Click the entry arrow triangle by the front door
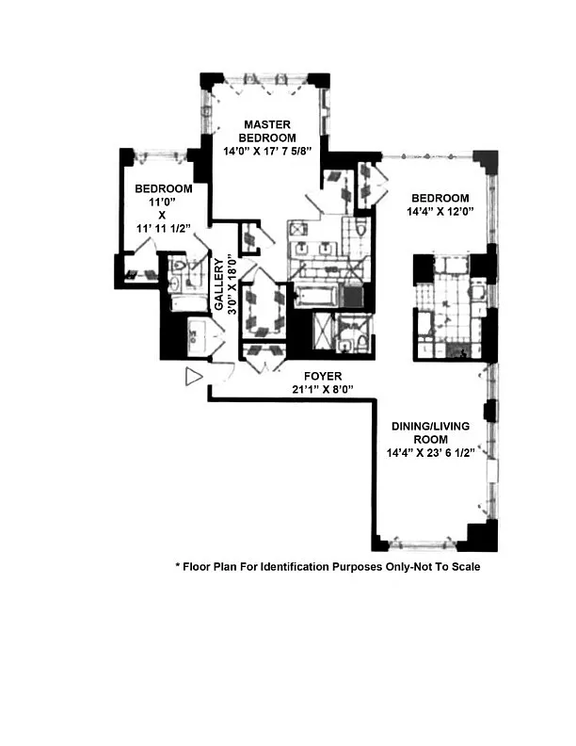point(194,377)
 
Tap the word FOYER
point(323,376)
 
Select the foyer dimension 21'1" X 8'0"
point(323,389)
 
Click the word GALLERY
point(218,284)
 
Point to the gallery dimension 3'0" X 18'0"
point(232,285)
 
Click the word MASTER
point(267,124)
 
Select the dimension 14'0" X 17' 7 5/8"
point(267,152)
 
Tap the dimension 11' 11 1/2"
point(164,228)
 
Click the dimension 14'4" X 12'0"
point(440,211)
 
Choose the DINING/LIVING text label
point(430,427)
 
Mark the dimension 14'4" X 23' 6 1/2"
point(430,453)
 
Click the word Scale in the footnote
point(465,567)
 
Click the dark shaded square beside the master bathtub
point(353,296)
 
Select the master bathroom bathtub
point(316,296)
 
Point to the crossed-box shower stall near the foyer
point(324,332)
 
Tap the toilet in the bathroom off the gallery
point(179,264)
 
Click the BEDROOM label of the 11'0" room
point(164,188)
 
